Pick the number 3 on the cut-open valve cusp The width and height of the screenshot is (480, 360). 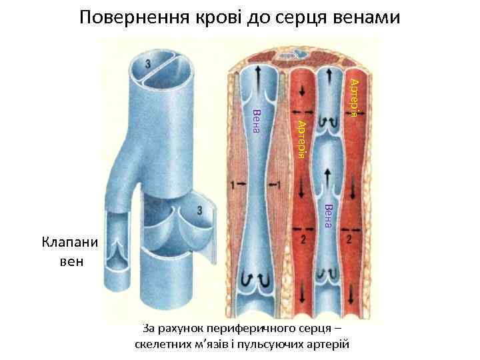(x=200, y=211)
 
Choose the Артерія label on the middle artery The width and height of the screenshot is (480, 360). (x=301, y=139)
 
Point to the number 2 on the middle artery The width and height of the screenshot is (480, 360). (x=304, y=238)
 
